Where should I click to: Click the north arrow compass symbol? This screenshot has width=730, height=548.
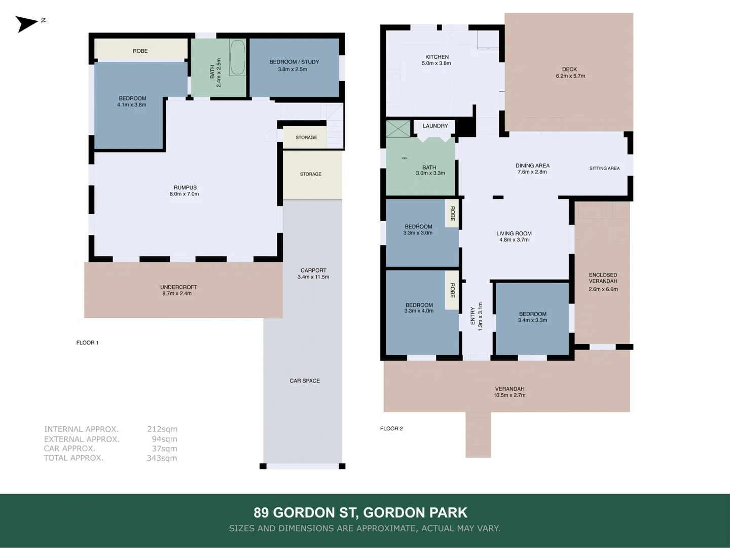(x=27, y=23)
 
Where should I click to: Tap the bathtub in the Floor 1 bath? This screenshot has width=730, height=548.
(x=237, y=57)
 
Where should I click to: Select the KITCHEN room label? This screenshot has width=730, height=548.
(x=437, y=57)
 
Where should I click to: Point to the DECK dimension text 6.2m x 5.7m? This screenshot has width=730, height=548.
(x=570, y=76)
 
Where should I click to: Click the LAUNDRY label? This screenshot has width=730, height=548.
(x=435, y=126)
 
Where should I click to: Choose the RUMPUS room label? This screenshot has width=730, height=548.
(x=185, y=187)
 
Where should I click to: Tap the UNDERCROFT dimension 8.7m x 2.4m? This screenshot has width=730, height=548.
(x=177, y=293)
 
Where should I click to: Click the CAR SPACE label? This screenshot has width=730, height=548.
(x=305, y=381)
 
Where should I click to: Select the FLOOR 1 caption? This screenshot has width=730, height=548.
(x=87, y=342)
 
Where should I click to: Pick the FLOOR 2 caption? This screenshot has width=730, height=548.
(x=391, y=428)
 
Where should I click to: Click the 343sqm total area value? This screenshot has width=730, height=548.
(x=162, y=458)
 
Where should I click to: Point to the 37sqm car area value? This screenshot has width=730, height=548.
(x=164, y=449)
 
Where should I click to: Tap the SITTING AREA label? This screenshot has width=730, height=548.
(x=604, y=168)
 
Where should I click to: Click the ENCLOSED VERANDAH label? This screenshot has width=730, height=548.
(x=603, y=278)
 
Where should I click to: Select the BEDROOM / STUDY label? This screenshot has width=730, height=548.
(x=294, y=62)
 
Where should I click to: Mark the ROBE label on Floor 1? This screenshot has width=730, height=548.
(x=140, y=51)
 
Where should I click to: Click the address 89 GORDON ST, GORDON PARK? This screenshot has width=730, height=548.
(x=360, y=512)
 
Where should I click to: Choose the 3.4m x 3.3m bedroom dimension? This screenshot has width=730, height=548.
(x=532, y=320)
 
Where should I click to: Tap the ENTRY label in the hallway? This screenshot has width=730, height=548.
(x=472, y=316)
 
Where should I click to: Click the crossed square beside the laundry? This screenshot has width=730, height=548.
(x=398, y=128)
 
